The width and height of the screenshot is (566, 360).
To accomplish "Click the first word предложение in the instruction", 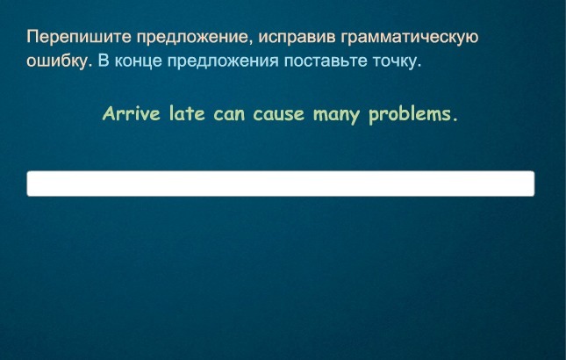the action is (x=194, y=38).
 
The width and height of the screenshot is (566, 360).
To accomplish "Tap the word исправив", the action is (x=297, y=38).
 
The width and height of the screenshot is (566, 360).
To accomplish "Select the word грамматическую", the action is (x=410, y=38).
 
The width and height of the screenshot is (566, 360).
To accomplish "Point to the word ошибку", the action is (x=57, y=61).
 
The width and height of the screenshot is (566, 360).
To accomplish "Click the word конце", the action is (x=139, y=61).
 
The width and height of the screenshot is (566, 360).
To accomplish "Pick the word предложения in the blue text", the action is (x=223, y=61).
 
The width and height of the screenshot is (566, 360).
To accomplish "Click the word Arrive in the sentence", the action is (x=132, y=114).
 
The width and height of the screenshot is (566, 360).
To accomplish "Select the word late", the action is (x=187, y=114).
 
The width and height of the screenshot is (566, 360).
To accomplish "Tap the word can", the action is (x=229, y=116).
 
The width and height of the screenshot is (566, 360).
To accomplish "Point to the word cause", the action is (x=279, y=116).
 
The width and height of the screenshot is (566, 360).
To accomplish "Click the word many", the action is (x=336, y=116).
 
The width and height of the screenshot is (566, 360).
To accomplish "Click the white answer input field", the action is (x=281, y=184).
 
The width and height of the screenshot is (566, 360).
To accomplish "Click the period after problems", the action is (x=455, y=120).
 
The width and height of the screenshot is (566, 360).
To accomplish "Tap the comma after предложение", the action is (x=250, y=44).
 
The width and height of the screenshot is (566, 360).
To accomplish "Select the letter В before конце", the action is (x=104, y=61).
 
